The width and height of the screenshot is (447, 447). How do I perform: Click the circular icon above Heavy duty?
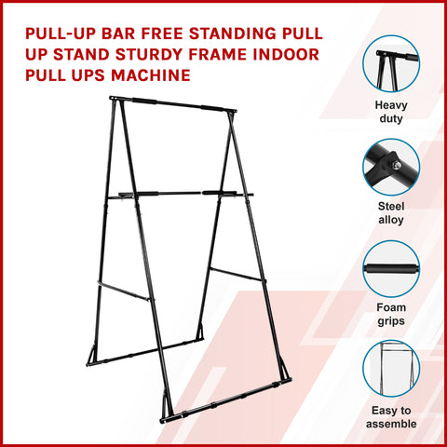pos(390,62)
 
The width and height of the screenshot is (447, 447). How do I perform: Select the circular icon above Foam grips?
pos(390,269)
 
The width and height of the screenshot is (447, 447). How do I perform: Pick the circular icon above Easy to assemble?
pos(390,370)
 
